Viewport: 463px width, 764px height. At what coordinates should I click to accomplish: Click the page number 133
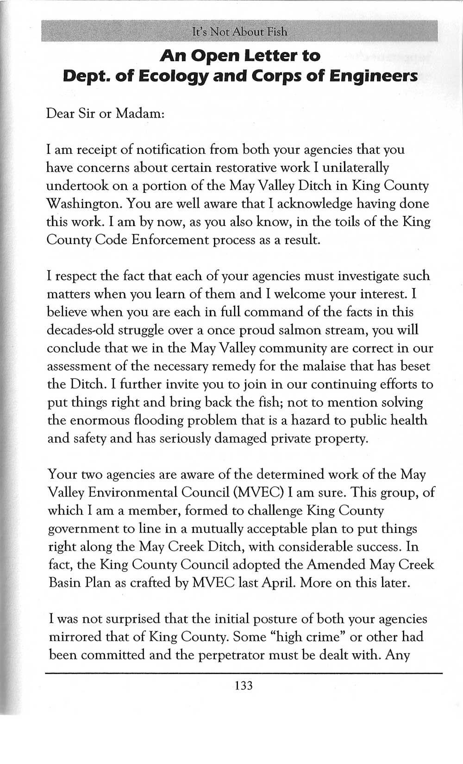pyautogui.click(x=244, y=685)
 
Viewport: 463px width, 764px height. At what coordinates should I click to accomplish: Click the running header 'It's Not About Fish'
pyautogui.click(x=239, y=32)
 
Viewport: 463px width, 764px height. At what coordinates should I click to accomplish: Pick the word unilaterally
pyautogui.click(x=359, y=167)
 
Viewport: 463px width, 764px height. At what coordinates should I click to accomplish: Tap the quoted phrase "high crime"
pyautogui.click(x=308, y=637)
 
